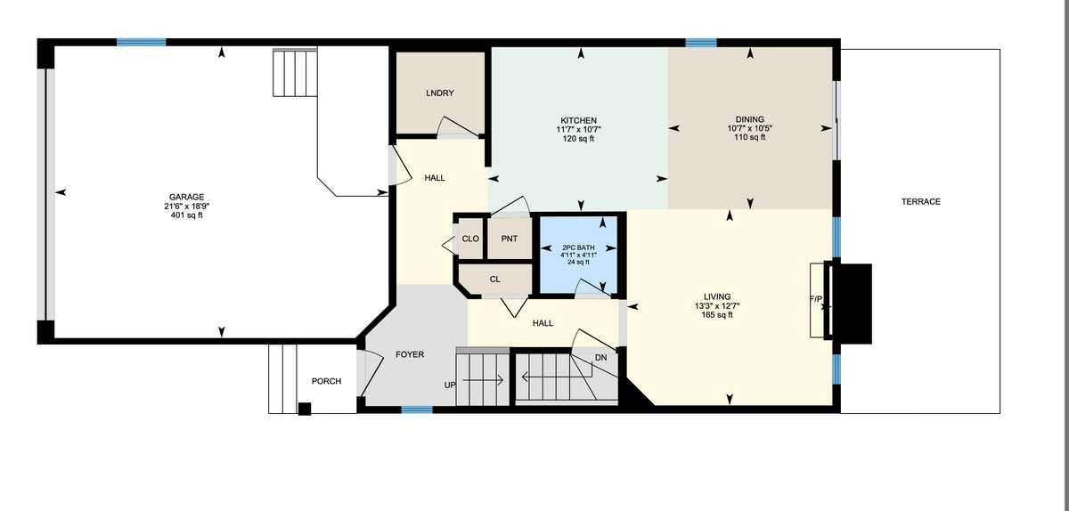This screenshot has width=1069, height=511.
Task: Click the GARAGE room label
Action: pyautogui.click(x=187, y=197)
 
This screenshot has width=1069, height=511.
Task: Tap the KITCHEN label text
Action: pyautogui.click(x=578, y=120)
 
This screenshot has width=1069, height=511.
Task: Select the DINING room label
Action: pyautogui.click(x=749, y=119)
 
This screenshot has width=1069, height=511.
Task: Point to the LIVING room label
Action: pyautogui.click(x=717, y=296)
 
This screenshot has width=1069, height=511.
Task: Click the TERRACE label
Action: pyautogui.click(x=920, y=202)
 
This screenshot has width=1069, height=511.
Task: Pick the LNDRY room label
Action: pyautogui.click(x=440, y=93)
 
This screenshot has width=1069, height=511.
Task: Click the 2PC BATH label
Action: pyautogui.click(x=579, y=247)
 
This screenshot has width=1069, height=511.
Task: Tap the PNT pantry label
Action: pyautogui.click(x=510, y=239)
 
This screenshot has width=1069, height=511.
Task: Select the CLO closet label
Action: pyautogui.click(x=470, y=239)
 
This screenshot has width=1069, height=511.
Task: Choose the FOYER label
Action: pyautogui.click(x=410, y=354)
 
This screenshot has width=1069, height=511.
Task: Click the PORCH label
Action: pyautogui.click(x=326, y=381)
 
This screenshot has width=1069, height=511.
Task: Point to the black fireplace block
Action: pyautogui.click(x=851, y=302)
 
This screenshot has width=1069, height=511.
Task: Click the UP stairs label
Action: pyautogui.click(x=450, y=385)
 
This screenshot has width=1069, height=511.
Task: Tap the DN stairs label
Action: pyautogui.click(x=601, y=358)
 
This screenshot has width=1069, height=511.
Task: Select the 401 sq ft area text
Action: pyautogui.click(x=187, y=215)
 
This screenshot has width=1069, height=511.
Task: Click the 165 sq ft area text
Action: pyautogui.click(x=717, y=314)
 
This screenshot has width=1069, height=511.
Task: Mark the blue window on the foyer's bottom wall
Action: pyautogui.click(x=416, y=410)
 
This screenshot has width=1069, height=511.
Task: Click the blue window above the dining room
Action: pyautogui.click(x=701, y=42)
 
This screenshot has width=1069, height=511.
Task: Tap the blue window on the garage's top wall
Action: pyautogui.click(x=141, y=42)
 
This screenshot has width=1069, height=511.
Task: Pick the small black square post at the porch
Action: pyautogui.click(x=305, y=409)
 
